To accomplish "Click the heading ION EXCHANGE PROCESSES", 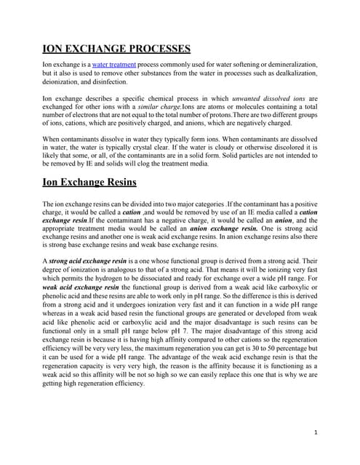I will coord(116,49).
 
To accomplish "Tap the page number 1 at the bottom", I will coord(316,433).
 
